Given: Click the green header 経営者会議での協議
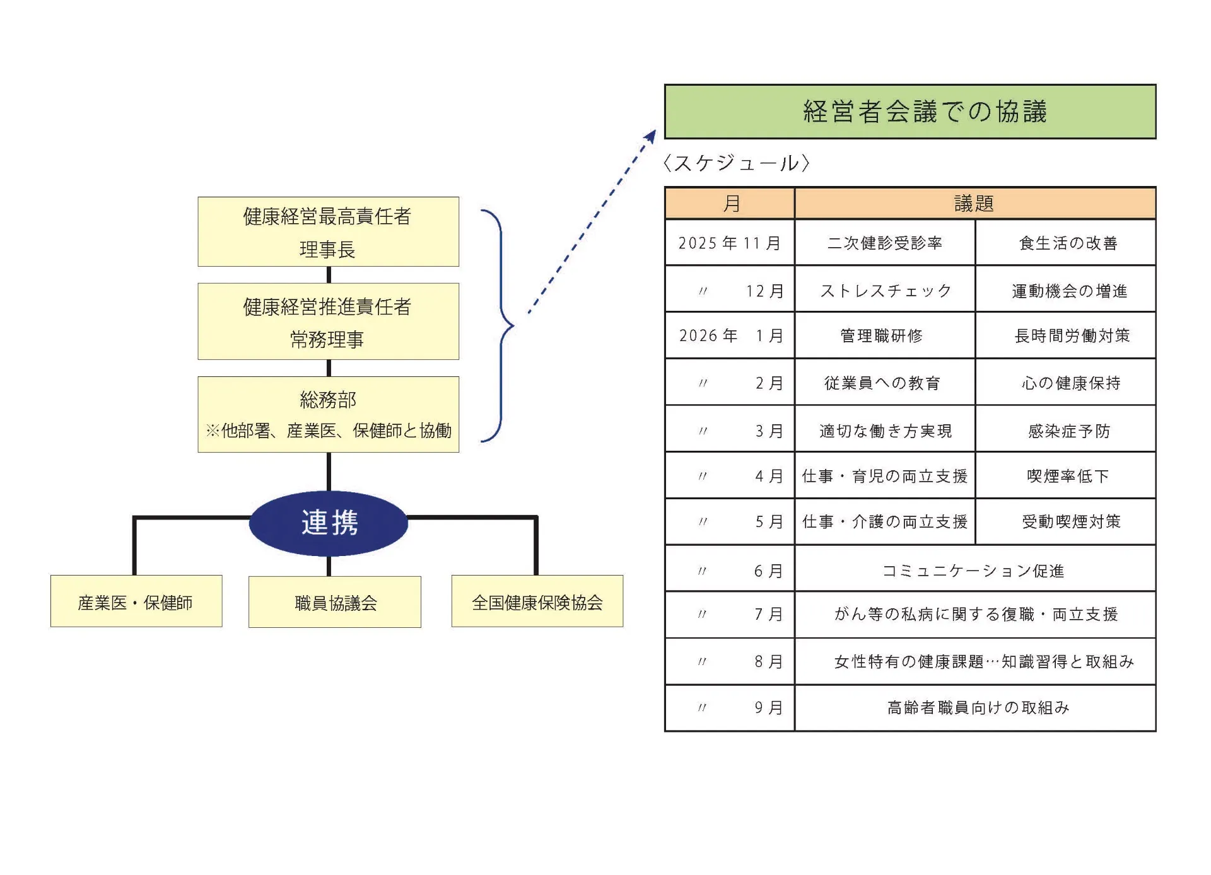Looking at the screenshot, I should (x=910, y=112).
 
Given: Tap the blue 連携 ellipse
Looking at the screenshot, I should (x=329, y=523).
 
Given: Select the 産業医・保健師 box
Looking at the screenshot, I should (x=136, y=601).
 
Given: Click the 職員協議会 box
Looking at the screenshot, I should (x=335, y=602).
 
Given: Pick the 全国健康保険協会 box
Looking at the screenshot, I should (x=537, y=601).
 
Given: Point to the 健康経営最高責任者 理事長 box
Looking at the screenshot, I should (x=328, y=232).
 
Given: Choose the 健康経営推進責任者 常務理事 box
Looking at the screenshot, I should (x=328, y=322).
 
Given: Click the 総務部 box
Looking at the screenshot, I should (x=328, y=414).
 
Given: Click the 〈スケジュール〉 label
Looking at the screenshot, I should (x=736, y=163).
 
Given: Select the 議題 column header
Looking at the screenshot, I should (x=974, y=203).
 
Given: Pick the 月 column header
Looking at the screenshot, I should (x=730, y=203).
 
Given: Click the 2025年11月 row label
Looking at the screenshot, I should (x=730, y=243).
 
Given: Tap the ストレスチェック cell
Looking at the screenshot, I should (x=885, y=290).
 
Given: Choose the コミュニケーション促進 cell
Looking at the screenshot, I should (x=974, y=571).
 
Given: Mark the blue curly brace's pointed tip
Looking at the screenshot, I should (x=513, y=326).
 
